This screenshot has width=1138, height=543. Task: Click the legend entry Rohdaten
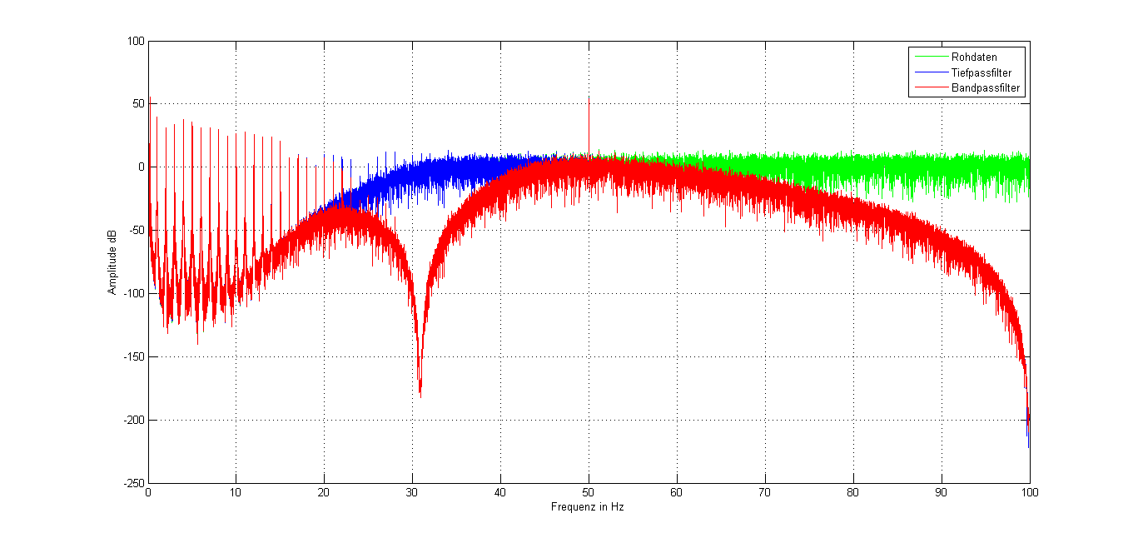click(x=973, y=57)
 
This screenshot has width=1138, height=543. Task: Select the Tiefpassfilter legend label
click(x=981, y=72)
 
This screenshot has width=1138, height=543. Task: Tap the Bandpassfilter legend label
click(x=985, y=87)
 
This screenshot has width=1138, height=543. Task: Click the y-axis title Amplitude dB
click(x=112, y=262)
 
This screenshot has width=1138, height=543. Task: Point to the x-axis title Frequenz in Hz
click(x=587, y=506)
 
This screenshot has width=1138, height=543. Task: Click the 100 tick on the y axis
click(x=135, y=41)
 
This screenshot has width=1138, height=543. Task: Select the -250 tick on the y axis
click(x=132, y=483)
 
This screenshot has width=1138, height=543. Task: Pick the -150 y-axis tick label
click(x=132, y=356)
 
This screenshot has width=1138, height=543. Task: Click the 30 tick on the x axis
click(x=412, y=492)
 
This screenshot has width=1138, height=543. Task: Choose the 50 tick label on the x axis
click(x=589, y=492)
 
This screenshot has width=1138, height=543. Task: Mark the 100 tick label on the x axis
click(x=1030, y=492)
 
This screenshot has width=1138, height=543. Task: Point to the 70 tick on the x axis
click(x=765, y=492)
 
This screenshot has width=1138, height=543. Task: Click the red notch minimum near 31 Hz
click(x=420, y=395)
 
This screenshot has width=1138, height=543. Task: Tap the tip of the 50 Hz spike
click(x=589, y=97)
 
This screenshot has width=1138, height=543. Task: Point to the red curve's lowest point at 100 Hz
click(x=1029, y=446)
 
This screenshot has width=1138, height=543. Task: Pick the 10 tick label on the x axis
click(x=236, y=492)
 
